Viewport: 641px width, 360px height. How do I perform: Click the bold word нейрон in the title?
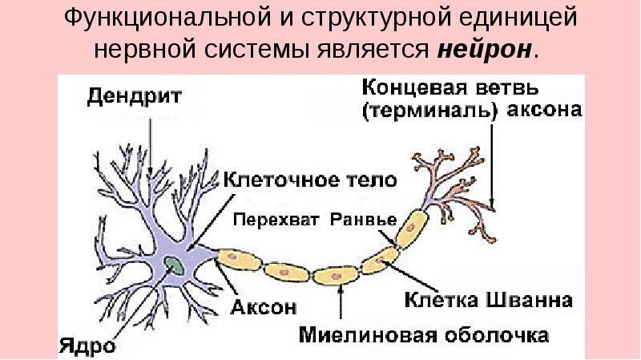click(x=484, y=50)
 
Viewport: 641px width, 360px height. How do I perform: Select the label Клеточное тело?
click(x=308, y=180)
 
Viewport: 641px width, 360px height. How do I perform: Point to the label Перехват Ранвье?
click(x=313, y=219)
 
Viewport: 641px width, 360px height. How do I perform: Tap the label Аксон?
click(x=265, y=306)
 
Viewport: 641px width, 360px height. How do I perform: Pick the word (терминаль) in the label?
click(x=428, y=111)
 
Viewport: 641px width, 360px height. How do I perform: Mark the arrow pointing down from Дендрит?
click(x=151, y=144)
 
